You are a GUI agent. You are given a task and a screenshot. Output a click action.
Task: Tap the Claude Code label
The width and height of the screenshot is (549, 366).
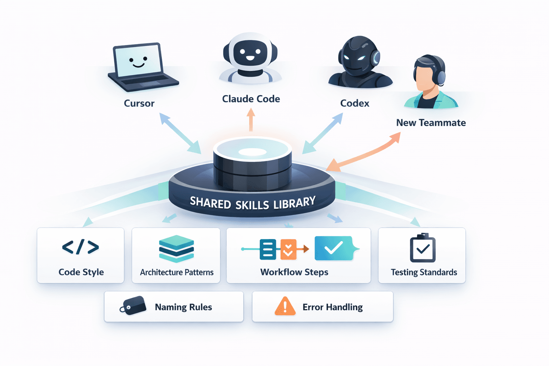(251, 99)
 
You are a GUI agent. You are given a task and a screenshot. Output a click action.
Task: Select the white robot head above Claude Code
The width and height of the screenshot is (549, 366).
(250, 54)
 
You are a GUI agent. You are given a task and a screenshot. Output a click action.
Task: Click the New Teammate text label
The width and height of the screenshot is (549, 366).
(431, 123)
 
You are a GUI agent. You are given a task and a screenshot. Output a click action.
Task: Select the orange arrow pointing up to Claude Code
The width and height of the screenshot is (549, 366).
(251, 120)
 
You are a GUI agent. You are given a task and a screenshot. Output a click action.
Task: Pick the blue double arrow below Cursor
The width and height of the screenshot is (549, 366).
(180, 133)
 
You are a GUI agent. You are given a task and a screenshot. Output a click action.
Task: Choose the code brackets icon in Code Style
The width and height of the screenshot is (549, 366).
(80, 247)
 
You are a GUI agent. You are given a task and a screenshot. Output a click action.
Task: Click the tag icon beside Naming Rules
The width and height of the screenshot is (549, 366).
(133, 306)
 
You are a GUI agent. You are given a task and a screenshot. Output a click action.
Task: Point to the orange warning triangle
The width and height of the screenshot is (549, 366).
(285, 306)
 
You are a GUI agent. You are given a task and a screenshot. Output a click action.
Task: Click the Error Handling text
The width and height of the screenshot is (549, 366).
(332, 307)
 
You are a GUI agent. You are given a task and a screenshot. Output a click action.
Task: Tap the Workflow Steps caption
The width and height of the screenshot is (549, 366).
(294, 272)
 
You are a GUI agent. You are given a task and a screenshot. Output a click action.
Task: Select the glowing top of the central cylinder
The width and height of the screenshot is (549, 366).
(252, 151)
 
